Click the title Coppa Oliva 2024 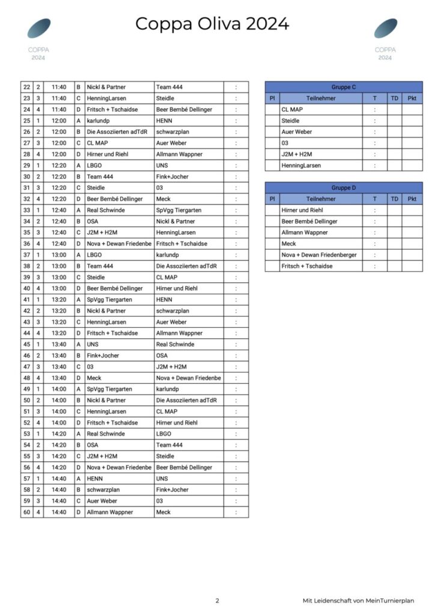point(212,24)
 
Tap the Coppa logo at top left point(39,29)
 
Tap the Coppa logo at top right point(385,29)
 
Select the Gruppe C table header point(343,87)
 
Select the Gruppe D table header point(343,188)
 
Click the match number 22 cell point(26,87)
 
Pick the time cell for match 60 point(59,512)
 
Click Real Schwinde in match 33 point(106,210)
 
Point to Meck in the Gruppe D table point(289,244)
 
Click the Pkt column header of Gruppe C point(412,98)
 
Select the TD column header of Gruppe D point(394,199)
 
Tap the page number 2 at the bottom point(218,601)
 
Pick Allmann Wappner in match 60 point(110,512)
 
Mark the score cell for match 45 point(236,345)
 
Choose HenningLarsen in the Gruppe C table point(301,165)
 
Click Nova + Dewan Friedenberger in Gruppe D point(319,255)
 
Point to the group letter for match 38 point(78,266)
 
